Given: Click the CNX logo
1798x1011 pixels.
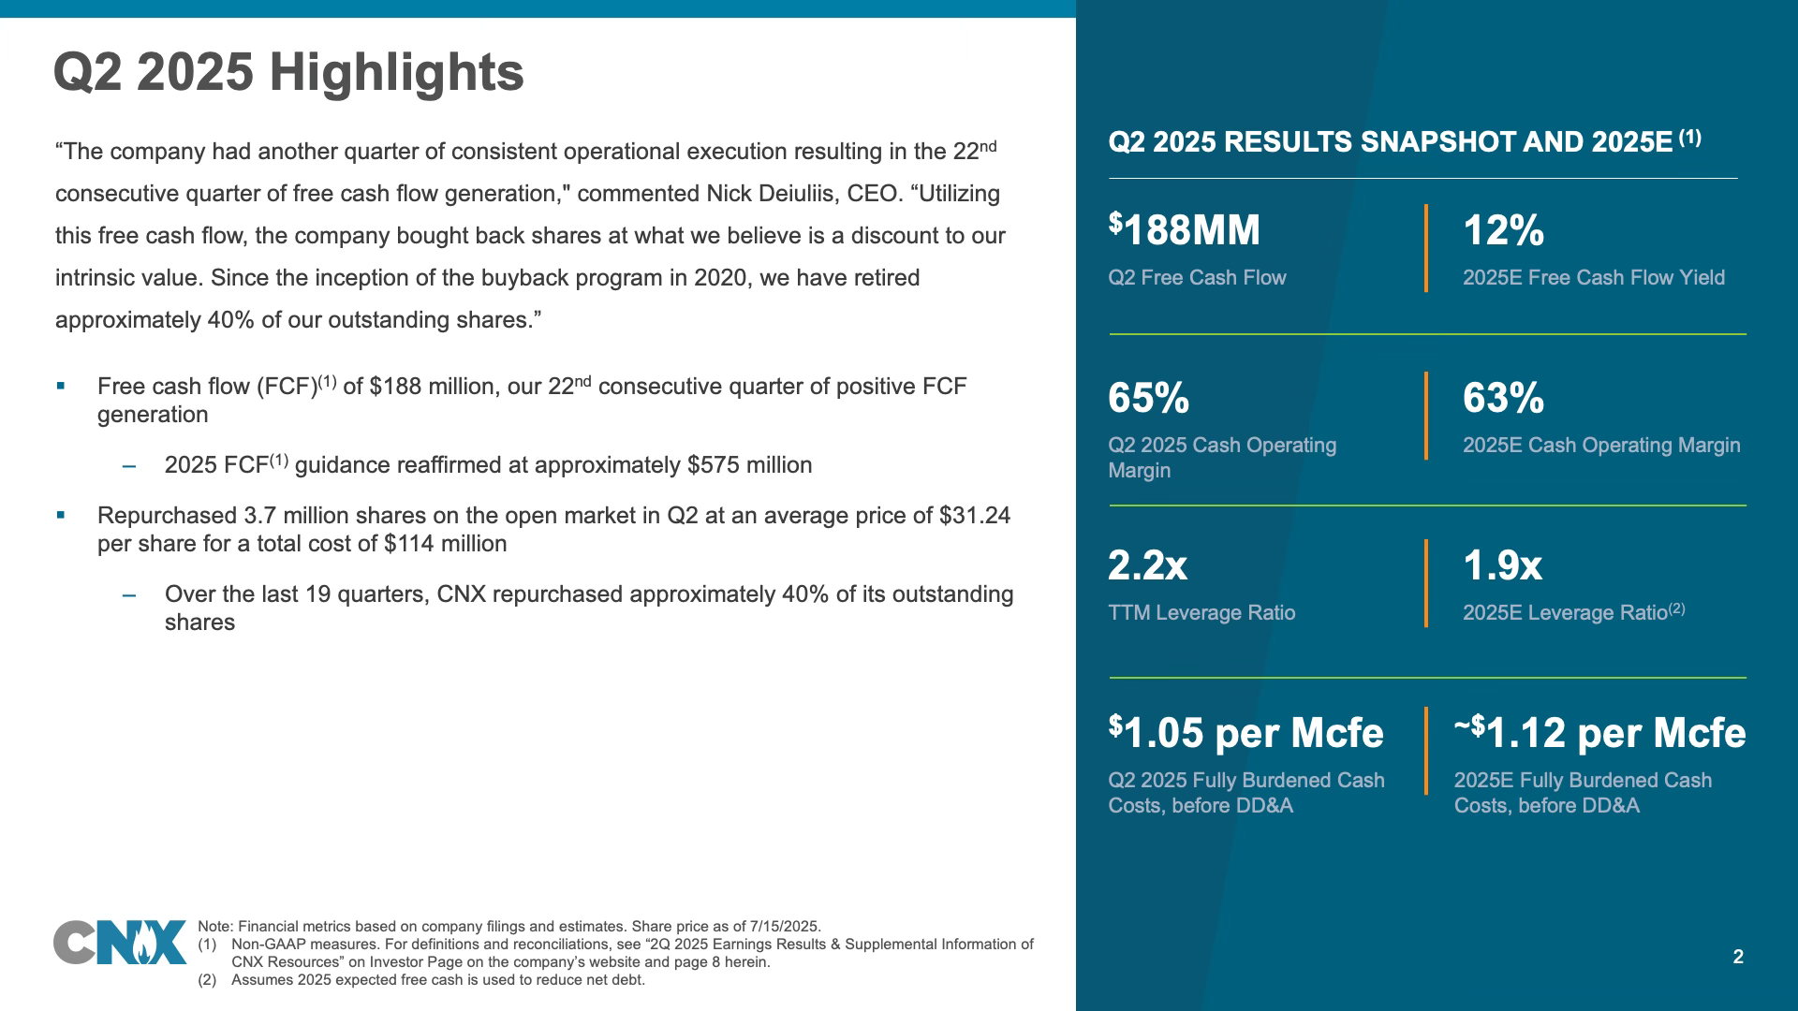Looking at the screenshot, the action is (x=120, y=943).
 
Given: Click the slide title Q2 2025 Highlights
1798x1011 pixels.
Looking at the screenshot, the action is (x=288, y=72).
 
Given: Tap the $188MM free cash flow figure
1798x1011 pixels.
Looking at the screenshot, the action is (x=1184, y=229).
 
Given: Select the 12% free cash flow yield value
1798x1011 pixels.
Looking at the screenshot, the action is (x=1503, y=230).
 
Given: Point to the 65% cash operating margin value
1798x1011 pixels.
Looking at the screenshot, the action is (x=1148, y=398).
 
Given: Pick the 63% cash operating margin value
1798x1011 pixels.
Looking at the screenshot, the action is (x=1503, y=398).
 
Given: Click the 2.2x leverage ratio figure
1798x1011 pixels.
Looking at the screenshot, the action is (x=1147, y=565).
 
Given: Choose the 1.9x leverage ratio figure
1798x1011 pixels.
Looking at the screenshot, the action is (x=1502, y=565).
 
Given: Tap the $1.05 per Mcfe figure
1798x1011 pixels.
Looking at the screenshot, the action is (x=1245, y=732).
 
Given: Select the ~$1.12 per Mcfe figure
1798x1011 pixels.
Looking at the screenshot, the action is (x=1599, y=732).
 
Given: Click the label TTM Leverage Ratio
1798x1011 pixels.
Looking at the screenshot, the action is (x=1201, y=613).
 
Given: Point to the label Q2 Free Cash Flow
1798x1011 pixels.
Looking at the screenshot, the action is (x=1197, y=278).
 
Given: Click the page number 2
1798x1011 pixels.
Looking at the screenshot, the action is (x=1738, y=957).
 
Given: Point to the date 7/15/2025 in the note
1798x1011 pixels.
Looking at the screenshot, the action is (x=784, y=927).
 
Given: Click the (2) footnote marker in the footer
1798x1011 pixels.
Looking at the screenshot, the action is (x=207, y=980).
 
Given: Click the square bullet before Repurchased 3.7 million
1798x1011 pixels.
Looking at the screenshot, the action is (x=61, y=515).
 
